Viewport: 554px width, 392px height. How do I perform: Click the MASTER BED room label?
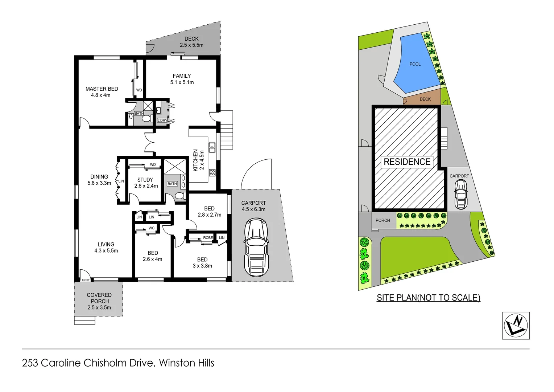tap(102, 92)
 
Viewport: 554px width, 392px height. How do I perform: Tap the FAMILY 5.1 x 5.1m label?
tap(182, 79)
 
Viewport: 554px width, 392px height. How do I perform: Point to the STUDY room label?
tap(145, 183)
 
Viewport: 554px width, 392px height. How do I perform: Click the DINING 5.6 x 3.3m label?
tap(99, 180)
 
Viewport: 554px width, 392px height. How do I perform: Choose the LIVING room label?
tap(106, 248)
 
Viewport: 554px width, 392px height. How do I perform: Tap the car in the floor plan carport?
tap(256, 247)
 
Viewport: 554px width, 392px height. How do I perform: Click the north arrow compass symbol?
tap(516, 326)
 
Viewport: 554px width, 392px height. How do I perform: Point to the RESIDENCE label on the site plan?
tap(407, 162)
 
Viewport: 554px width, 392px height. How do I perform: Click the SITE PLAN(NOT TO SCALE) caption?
tap(428, 298)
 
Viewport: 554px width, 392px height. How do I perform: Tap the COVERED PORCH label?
tap(99, 301)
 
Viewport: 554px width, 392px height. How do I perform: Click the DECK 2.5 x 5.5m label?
tap(191, 42)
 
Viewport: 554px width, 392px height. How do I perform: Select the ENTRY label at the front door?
tap(86, 280)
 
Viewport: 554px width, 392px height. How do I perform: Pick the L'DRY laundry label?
tap(162, 120)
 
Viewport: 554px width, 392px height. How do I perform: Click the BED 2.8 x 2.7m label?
tap(209, 212)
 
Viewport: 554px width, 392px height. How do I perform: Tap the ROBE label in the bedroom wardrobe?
tap(208, 238)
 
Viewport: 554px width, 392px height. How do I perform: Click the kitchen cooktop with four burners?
tap(212, 173)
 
